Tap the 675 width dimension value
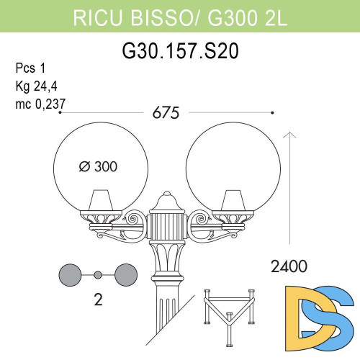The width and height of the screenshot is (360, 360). (x=166, y=113)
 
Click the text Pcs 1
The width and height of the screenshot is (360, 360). (x=30, y=69)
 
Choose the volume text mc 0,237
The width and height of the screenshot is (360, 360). (x=40, y=104)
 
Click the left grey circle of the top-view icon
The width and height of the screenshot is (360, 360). (x=71, y=274)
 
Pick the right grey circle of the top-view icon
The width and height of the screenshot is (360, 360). (x=125, y=274)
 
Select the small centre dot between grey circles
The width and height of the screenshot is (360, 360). (x=98, y=274)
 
